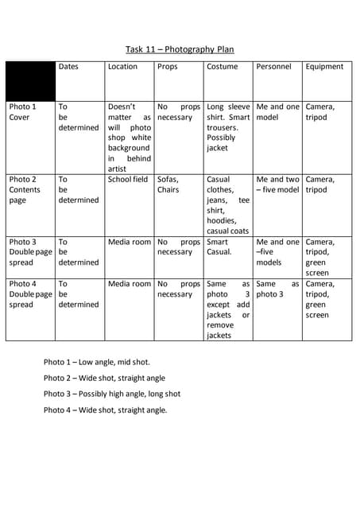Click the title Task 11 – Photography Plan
(x=180, y=49)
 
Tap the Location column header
(x=122, y=67)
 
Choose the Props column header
(x=168, y=67)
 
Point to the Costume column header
(x=222, y=67)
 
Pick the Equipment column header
(x=324, y=67)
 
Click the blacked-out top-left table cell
(x=30, y=79)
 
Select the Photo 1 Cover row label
(x=22, y=111)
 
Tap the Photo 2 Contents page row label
(x=25, y=189)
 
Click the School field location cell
(x=128, y=180)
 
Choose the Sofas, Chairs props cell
(x=168, y=185)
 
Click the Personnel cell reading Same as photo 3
(x=277, y=289)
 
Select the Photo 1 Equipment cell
(x=320, y=111)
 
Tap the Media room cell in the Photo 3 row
(x=129, y=242)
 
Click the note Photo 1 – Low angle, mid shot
(x=96, y=362)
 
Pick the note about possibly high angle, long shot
(x=112, y=394)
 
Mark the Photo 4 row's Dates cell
(x=78, y=293)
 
